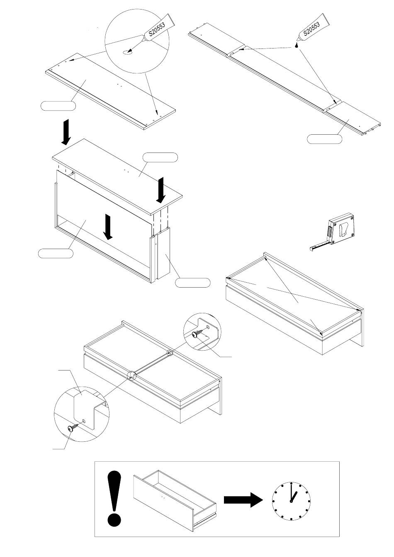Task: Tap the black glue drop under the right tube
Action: (296, 45)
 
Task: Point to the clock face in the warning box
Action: (291, 501)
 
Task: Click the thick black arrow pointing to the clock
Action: (243, 500)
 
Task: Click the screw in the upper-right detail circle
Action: (200, 332)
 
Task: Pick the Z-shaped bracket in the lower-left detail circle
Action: (88, 408)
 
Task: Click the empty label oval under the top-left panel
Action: (58, 106)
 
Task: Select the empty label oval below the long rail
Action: (324, 139)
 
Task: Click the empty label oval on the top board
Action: (160, 157)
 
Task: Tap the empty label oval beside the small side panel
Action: (192, 283)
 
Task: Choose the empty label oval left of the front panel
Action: (56, 253)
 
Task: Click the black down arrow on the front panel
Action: (108, 227)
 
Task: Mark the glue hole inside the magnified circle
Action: (128, 52)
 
